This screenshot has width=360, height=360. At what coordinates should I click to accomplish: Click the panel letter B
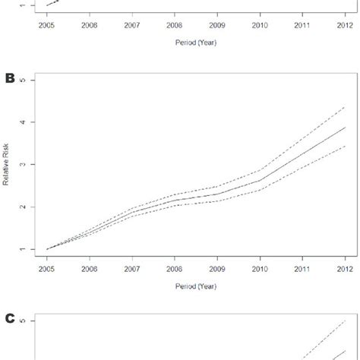click(x=10, y=77)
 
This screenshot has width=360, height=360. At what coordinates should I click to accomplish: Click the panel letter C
click(x=10, y=318)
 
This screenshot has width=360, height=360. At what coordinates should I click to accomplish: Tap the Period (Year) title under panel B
click(x=195, y=288)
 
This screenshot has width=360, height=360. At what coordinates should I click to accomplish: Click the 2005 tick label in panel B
click(x=47, y=270)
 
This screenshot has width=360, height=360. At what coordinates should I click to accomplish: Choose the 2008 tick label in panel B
click(x=174, y=270)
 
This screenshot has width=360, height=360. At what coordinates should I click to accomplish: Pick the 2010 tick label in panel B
click(x=259, y=270)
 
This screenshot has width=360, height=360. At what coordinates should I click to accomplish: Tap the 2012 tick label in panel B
click(x=344, y=270)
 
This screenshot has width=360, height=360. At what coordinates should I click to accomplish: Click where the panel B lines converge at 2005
click(x=47, y=249)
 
